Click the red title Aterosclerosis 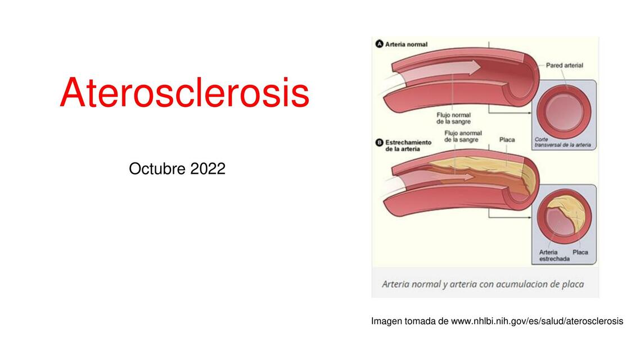point(184,93)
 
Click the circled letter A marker point(380,44)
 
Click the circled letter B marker point(379,142)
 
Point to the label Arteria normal point(406,44)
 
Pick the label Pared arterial point(564,65)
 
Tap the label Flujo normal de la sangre point(453,118)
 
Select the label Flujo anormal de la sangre point(463,136)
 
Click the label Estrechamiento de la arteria point(408,146)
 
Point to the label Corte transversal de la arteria point(562,142)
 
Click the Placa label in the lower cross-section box point(580,252)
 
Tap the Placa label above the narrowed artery point(507,139)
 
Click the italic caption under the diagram point(483,284)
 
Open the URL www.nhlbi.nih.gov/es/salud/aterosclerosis point(537,321)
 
